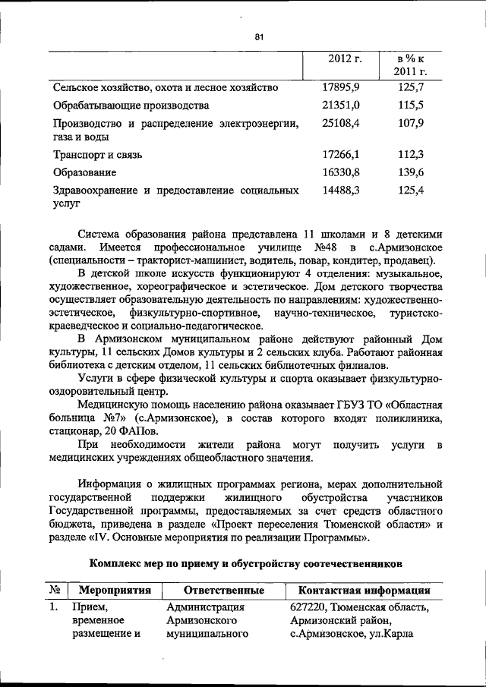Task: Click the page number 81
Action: point(259,36)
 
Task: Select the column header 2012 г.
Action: point(345,59)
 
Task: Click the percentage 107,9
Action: point(411,122)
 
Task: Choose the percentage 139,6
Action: point(411,172)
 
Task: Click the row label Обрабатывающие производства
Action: point(131,105)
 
